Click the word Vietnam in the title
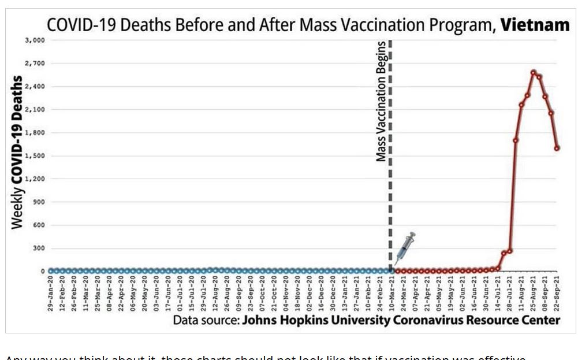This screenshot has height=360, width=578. click(x=535, y=25)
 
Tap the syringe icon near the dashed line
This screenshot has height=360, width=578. click(x=405, y=247)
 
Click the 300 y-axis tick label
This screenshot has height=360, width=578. click(x=38, y=248)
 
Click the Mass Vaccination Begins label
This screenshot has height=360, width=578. click(x=381, y=102)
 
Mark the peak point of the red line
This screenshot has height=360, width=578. click(x=534, y=73)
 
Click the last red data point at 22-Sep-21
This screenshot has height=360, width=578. click(x=557, y=148)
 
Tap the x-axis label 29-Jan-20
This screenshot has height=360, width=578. click(x=51, y=294)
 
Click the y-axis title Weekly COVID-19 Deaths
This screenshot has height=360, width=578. click(x=17, y=153)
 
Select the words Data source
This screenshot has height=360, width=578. click(x=206, y=320)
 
